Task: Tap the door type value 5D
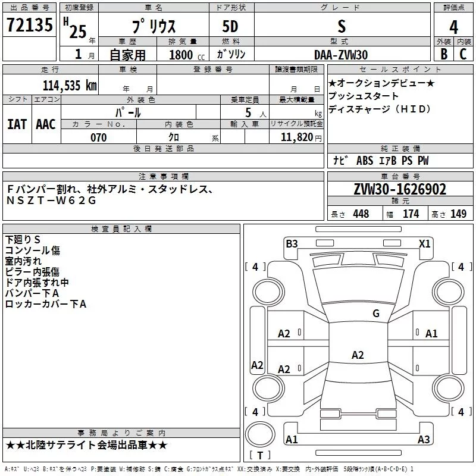pyautogui.click(x=230, y=27)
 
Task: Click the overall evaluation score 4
pyautogui.click(x=453, y=27)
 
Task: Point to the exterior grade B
pyautogui.click(x=443, y=54)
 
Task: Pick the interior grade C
pyautogui.click(x=463, y=54)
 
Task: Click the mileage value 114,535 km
pyautogui.click(x=70, y=85)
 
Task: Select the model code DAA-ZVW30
pyautogui.click(x=341, y=54)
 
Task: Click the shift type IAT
pyautogui.click(x=17, y=124)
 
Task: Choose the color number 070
pyautogui.click(x=98, y=138)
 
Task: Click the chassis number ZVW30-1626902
pyautogui.click(x=399, y=189)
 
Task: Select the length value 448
pyautogui.click(x=361, y=214)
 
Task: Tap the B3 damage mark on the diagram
pyautogui.click(x=292, y=243)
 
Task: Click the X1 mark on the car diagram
pyautogui.click(x=424, y=243)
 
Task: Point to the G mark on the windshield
pyautogui.click(x=375, y=314)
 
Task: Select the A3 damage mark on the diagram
pyautogui.click(x=423, y=440)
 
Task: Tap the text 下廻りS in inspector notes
pyautogui.click(x=23, y=239)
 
